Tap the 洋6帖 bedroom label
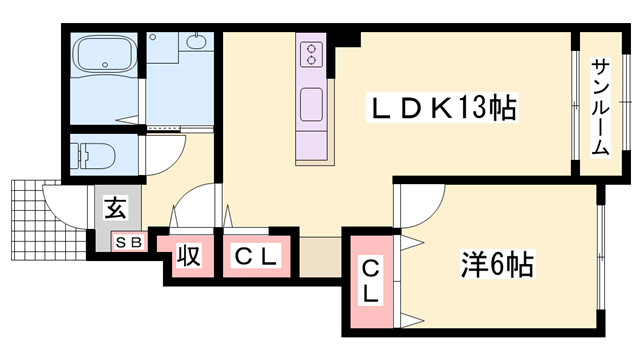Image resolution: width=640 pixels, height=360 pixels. (496, 266)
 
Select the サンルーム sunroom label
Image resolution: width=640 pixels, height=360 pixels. (601, 106)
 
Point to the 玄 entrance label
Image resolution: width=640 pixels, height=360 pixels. (115, 210)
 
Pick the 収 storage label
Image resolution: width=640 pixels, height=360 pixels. (188, 256)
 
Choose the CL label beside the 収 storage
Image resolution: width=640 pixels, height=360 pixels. (255, 257)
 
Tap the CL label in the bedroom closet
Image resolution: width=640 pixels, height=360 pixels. (370, 281)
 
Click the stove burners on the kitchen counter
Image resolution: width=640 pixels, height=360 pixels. (312, 51)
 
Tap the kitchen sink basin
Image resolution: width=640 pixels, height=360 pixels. (311, 103)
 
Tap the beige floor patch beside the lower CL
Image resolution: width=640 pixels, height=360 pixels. (320, 256)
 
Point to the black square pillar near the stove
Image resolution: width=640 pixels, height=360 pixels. (348, 39)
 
